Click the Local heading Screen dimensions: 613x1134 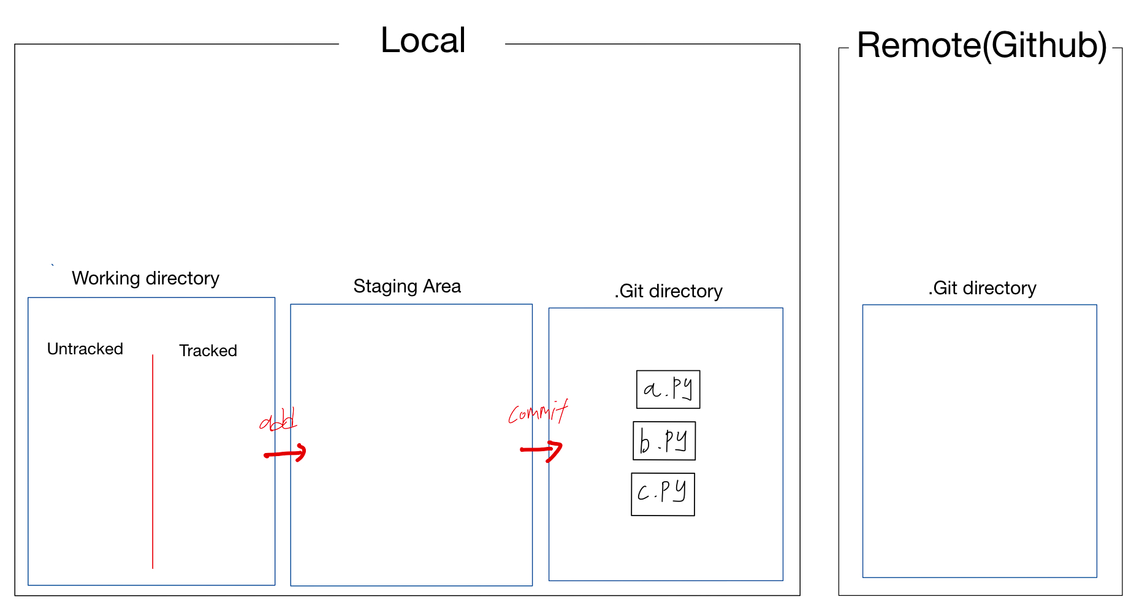[423, 41]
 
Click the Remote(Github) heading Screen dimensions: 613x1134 [981, 45]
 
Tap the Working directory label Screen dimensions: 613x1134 [145, 278]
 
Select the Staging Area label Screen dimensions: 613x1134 [407, 286]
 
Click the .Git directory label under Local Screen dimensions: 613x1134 [668, 291]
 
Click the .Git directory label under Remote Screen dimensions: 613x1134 [982, 288]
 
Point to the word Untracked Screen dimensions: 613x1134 [85, 349]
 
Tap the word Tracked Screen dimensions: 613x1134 [208, 351]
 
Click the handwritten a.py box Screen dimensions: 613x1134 [668, 389]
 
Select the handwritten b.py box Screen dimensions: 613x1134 [664, 441]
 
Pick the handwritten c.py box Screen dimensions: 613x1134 [663, 494]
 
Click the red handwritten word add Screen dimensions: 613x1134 [278, 421]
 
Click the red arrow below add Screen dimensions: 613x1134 [285, 454]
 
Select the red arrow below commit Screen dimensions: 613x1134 [541, 450]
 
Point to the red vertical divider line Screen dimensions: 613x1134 [153, 460]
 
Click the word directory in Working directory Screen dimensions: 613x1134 [182, 278]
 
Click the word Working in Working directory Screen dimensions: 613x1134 [106, 278]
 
